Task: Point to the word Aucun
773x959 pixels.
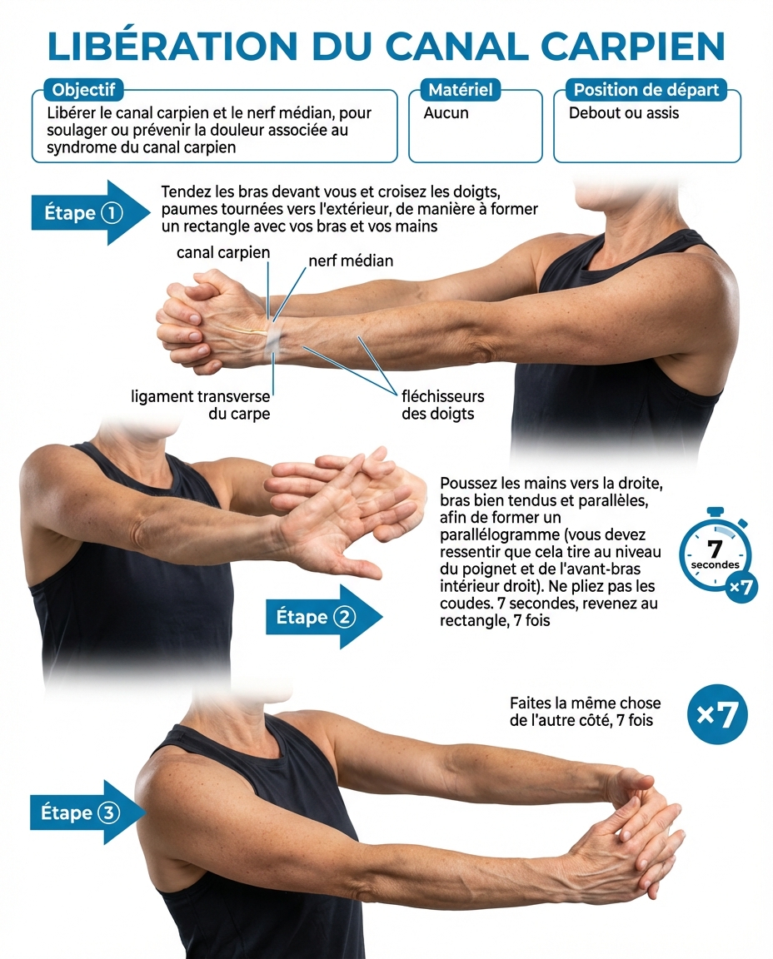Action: point(446,112)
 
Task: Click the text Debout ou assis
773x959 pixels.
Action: point(624,112)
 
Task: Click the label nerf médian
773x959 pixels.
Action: point(351,261)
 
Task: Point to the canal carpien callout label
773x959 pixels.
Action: point(223,252)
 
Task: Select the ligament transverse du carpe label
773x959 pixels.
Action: point(201,405)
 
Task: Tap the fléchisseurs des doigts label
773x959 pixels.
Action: point(442,405)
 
